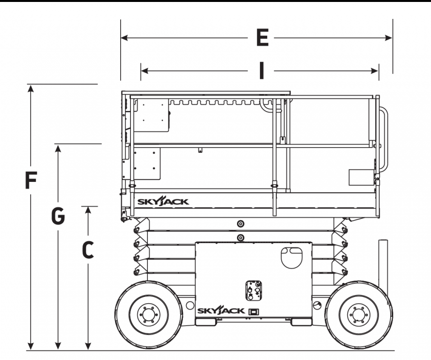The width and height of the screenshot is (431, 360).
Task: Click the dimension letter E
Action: (x=262, y=38)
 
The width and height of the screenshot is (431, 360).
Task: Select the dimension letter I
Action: (x=262, y=70)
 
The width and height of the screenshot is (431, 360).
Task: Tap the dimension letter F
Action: (x=31, y=180)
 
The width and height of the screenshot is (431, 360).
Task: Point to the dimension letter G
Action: (x=58, y=215)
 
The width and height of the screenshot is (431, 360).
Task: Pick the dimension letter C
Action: (x=88, y=250)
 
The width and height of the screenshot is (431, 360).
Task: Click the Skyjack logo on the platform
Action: (x=163, y=201)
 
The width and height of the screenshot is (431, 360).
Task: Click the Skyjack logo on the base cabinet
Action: (x=221, y=311)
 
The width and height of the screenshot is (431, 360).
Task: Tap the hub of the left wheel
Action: (x=148, y=315)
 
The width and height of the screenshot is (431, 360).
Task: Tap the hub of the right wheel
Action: (x=358, y=315)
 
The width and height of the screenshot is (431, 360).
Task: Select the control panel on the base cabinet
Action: (x=253, y=291)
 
